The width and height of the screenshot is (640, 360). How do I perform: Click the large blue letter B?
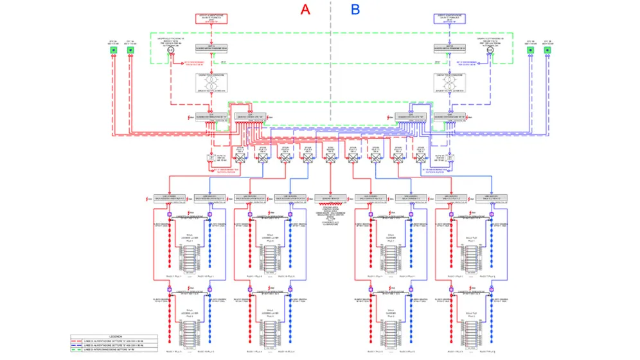pyautogui.click(x=355, y=10)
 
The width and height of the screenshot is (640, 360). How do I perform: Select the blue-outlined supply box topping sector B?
pyautogui.click(x=450, y=19)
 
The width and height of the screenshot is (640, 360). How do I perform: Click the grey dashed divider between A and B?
pyautogui.click(x=330, y=64)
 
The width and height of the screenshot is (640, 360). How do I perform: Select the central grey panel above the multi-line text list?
pyautogui.click(x=330, y=197)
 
